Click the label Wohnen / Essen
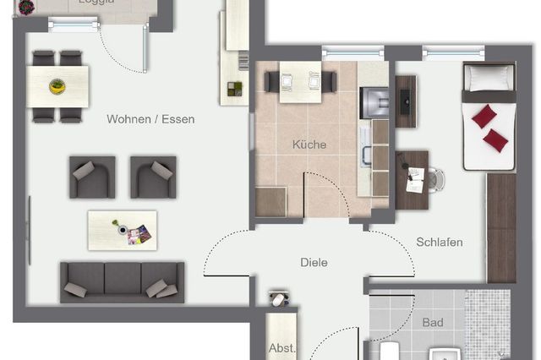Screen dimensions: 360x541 click(x=150, y=119)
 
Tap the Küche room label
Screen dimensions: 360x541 click(x=309, y=145)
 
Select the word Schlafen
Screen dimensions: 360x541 click(x=440, y=243)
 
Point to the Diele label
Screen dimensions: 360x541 click(x=314, y=262)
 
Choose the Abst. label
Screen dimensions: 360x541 click(x=281, y=347)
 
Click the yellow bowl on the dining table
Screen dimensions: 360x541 click(x=57, y=85)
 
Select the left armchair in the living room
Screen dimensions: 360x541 click(x=91, y=177)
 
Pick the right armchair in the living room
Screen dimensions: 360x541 click(x=153, y=177)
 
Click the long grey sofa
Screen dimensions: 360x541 click(x=122, y=281)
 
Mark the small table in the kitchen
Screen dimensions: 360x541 click(x=301, y=80)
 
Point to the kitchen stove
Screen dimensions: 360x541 click(x=373, y=102)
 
